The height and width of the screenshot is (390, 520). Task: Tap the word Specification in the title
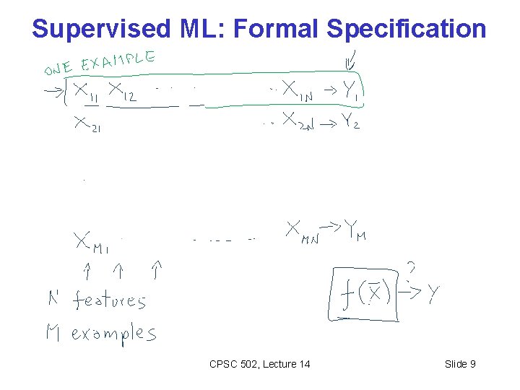[407, 29]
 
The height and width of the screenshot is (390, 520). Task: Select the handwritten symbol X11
[87, 92]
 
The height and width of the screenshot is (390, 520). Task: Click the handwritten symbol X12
[123, 92]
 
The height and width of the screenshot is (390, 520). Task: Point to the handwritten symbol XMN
[302, 233]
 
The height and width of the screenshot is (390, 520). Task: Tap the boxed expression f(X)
[367, 295]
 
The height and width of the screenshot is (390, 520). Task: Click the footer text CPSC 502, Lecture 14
[259, 364]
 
